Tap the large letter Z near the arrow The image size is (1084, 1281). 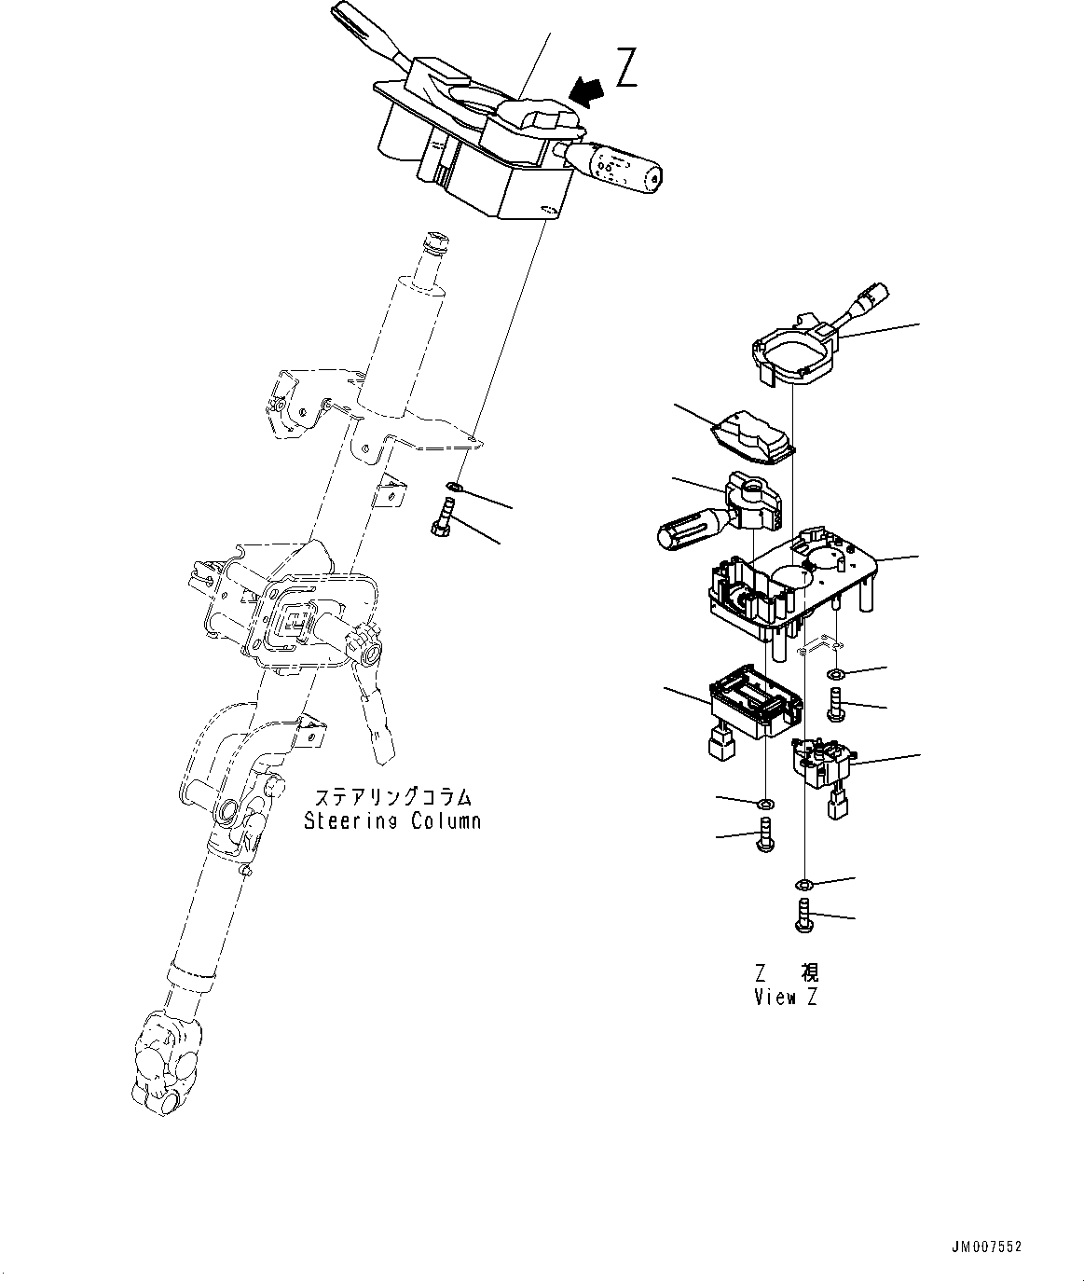click(x=626, y=68)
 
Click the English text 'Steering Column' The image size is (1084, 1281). click(x=392, y=820)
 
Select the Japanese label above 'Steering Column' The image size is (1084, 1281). click(x=392, y=798)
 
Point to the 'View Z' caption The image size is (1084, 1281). click(x=786, y=997)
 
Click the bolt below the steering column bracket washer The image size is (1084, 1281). click(x=441, y=518)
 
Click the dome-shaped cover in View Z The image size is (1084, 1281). click(x=753, y=436)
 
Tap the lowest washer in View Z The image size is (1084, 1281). click(x=803, y=883)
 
